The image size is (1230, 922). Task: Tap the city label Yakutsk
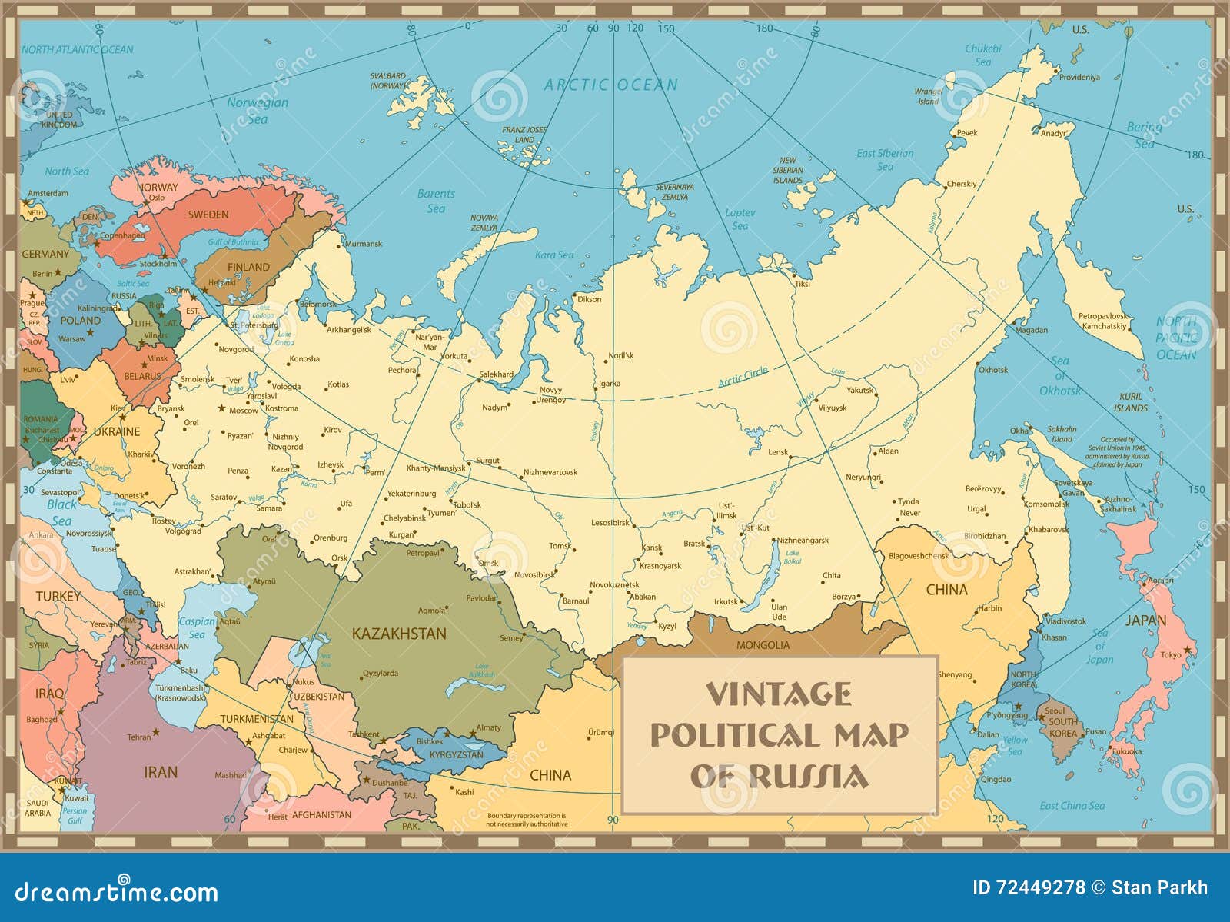[x=860, y=390]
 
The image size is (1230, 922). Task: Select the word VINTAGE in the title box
[x=779, y=694]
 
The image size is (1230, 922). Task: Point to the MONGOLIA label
[x=763, y=645]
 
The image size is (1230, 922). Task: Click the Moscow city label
[x=244, y=411]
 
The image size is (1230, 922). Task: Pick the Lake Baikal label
[x=793, y=557]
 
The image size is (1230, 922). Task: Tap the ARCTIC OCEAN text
[x=611, y=85]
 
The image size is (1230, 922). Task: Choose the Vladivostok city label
[x=1066, y=621]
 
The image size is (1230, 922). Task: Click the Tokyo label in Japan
[x=1171, y=654]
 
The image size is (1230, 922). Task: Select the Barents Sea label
[x=436, y=201]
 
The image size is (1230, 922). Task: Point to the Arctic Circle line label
[x=743, y=378]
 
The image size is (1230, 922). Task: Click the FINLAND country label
[x=248, y=267]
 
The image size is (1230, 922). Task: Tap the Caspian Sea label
[x=197, y=627]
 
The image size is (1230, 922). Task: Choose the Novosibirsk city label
[x=534, y=574]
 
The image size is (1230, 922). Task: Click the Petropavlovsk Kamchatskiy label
[x=1103, y=321]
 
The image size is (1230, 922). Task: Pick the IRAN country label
[x=161, y=772]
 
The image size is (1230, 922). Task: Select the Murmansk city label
[x=364, y=244]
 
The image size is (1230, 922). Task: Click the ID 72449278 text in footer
[x=1028, y=887]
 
